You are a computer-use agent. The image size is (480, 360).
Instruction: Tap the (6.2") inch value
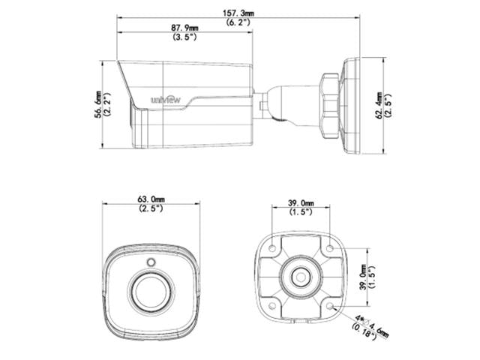tap(239, 22)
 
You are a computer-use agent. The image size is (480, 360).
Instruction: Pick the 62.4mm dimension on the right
tap(379, 105)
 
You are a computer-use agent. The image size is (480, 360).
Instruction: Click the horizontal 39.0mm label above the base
tap(301, 202)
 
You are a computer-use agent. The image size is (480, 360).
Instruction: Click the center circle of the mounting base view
tap(301, 276)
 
